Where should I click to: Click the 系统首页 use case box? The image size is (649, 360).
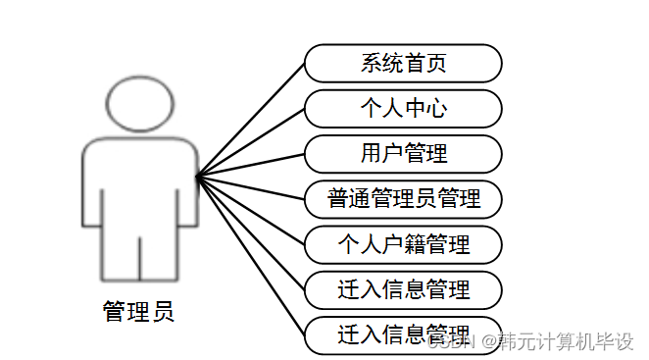[403, 64]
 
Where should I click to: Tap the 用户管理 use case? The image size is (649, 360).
[403, 154]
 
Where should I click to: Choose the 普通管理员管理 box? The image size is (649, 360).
[403, 199]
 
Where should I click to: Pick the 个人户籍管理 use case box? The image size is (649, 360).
[403, 244]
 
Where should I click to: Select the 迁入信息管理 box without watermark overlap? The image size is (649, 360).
[403, 289]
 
